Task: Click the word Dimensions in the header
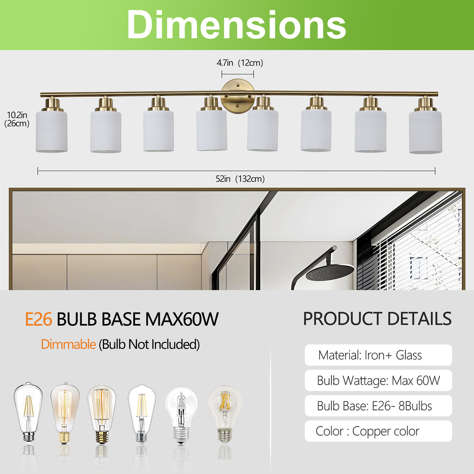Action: [237, 24]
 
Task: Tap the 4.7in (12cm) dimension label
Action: [240, 63]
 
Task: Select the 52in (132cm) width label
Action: [240, 179]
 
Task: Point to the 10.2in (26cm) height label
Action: [17, 119]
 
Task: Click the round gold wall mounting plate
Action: [237, 96]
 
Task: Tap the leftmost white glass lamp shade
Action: [51, 132]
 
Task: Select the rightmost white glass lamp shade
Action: [425, 132]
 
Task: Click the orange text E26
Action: [38, 319]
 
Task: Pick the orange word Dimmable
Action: [68, 345]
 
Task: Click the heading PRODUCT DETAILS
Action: [377, 319]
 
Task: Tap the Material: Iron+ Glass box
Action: [378, 355]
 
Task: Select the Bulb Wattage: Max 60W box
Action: [378, 380]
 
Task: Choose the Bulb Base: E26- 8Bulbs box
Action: [378, 406]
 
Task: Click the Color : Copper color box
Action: [378, 431]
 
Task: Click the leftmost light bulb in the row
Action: [28, 412]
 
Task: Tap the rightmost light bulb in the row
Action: [225, 414]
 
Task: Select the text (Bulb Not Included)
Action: [149, 345]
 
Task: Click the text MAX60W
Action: [182, 319]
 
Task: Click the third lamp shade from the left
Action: [158, 131]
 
